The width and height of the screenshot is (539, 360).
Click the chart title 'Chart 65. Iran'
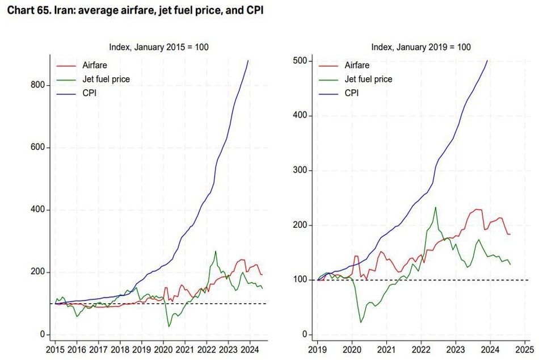[x=40, y=10]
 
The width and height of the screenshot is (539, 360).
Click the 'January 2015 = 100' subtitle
[x=171, y=47]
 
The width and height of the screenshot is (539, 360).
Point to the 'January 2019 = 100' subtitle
[x=433, y=47]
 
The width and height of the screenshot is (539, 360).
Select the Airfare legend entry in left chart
[x=95, y=65]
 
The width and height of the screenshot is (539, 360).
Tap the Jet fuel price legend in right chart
[x=368, y=79]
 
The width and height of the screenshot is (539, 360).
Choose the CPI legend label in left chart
[x=90, y=93]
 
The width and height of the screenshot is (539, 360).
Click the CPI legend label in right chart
[x=352, y=93]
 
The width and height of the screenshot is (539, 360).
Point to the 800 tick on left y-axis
[x=38, y=85]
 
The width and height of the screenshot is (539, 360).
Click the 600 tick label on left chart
[x=38, y=147]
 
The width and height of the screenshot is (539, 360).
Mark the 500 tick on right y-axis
[x=300, y=61]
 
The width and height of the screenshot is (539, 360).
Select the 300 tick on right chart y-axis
[x=300, y=170]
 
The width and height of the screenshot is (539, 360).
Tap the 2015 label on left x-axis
[x=55, y=350]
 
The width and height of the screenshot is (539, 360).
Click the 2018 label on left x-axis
[x=120, y=350]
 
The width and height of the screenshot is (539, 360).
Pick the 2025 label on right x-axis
[x=525, y=350]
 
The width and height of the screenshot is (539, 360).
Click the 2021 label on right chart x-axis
[x=386, y=350]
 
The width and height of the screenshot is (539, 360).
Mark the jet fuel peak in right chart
[x=436, y=207]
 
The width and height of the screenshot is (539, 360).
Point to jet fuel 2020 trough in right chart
[x=361, y=322]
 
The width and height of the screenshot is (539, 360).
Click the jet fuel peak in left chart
[x=216, y=251]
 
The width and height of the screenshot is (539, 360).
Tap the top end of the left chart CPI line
[x=248, y=61]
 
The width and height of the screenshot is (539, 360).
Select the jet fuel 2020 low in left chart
[x=169, y=326]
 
